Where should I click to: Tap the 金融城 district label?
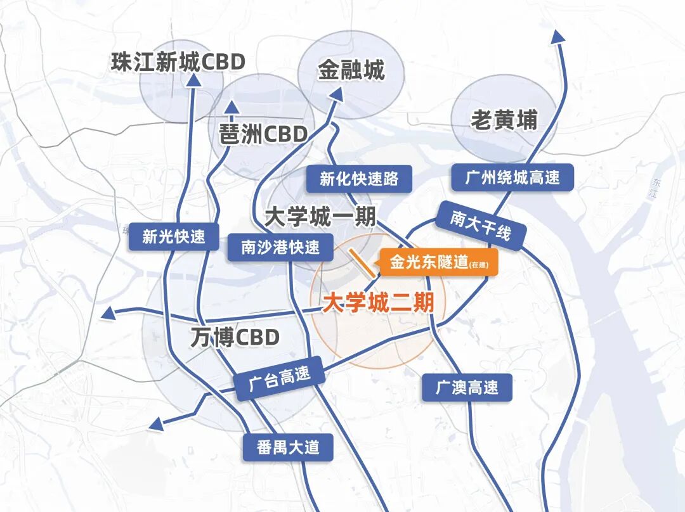point(351,70)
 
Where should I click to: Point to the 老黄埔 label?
point(504,120)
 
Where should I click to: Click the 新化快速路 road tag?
point(359,179)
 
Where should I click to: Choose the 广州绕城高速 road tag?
point(512,177)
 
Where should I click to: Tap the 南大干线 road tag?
point(480,226)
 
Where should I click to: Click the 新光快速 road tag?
point(174,236)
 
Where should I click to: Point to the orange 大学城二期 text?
point(378,303)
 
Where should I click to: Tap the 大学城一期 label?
point(320,217)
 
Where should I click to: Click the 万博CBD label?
point(235,337)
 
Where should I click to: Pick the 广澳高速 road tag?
point(467,387)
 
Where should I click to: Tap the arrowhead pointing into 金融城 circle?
point(337,94)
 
